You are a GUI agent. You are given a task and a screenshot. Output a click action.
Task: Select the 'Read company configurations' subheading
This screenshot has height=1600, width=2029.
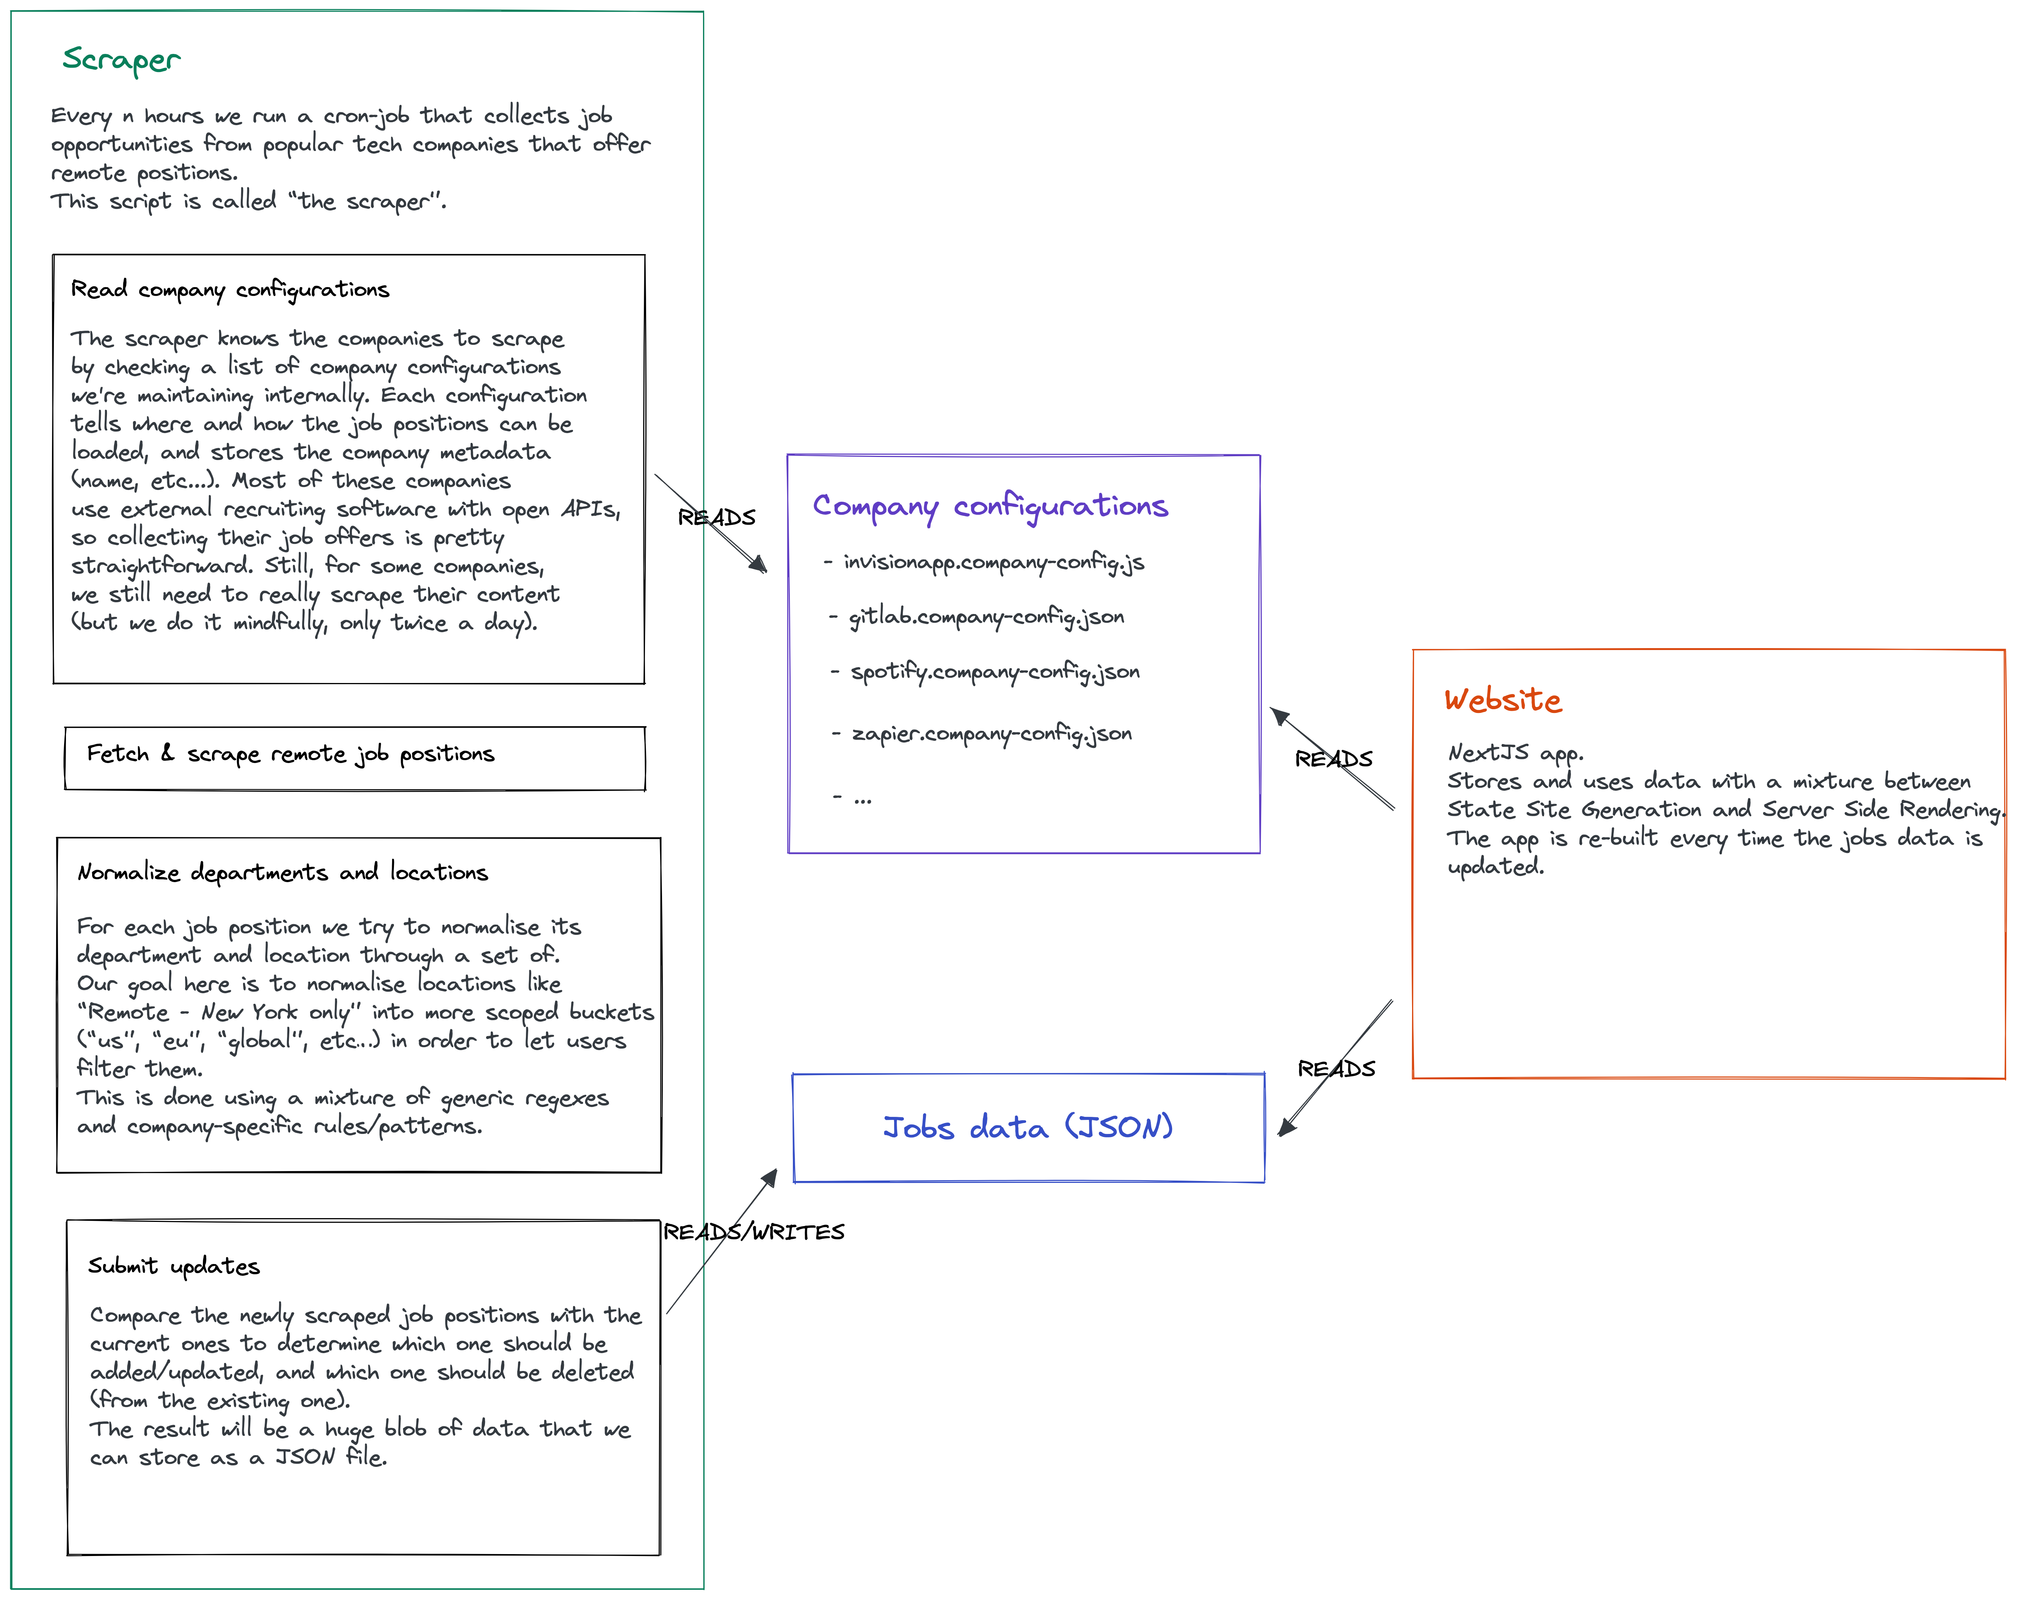229,289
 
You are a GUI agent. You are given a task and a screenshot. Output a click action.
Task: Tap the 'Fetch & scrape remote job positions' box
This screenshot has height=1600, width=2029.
355,758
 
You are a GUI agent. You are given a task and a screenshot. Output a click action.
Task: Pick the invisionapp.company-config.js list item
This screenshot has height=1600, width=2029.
992,562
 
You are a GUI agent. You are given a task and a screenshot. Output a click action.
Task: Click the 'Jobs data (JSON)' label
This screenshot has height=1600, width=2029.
1028,1127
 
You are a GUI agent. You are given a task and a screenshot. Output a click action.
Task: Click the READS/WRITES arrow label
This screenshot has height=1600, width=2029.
754,1232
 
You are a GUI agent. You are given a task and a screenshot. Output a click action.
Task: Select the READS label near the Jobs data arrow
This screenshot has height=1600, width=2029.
1336,1069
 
